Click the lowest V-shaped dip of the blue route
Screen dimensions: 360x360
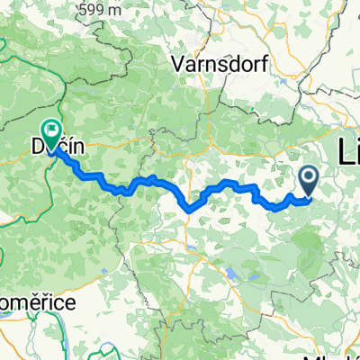coord(190,210)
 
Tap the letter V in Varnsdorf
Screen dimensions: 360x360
coord(177,65)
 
